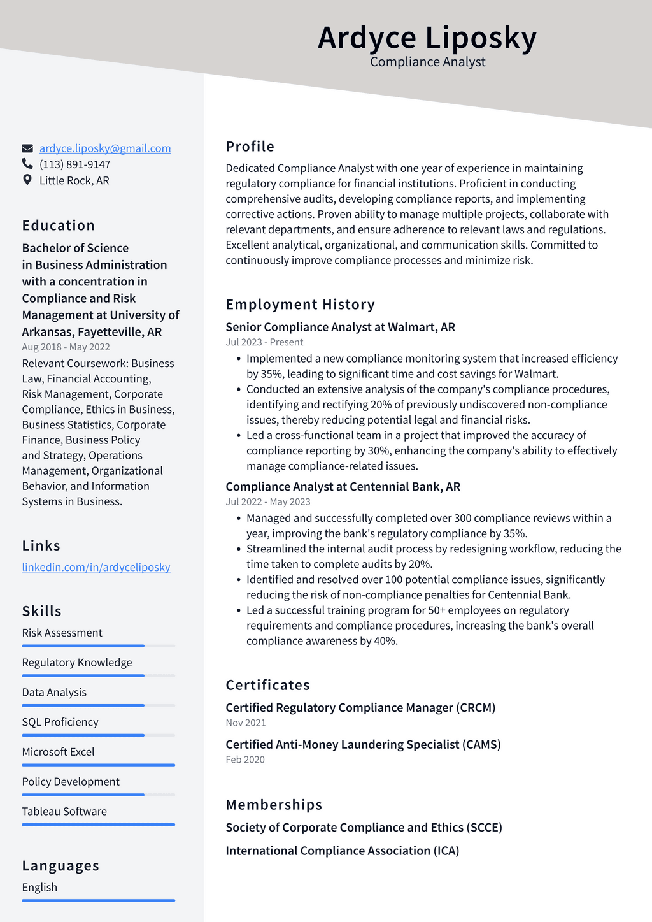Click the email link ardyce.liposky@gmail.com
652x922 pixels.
click(105, 148)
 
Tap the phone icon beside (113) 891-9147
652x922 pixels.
click(27, 164)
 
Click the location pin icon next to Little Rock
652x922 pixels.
click(27, 180)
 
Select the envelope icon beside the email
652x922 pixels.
click(27, 148)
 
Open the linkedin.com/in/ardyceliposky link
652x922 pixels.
click(96, 567)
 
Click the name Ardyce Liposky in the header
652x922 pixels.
click(427, 38)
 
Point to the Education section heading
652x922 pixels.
click(59, 226)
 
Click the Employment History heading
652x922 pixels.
click(300, 305)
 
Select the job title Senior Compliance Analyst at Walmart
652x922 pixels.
click(340, 327)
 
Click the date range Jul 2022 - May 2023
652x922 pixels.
click(268, 501)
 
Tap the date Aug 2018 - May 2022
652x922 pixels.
click(66, 347)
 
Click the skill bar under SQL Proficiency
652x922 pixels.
click(98, 735)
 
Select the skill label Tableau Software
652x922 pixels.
click(64, 811)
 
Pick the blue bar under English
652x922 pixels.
click(98, 900)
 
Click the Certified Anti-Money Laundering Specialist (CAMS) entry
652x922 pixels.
click(363, 744)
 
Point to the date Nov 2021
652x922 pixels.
click(246, 723)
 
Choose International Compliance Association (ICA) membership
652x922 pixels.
click(342, 851)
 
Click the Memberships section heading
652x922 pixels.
click(274, 805)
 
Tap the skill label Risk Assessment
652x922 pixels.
click(62, 633)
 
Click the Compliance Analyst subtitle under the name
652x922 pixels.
click(427, 62)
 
